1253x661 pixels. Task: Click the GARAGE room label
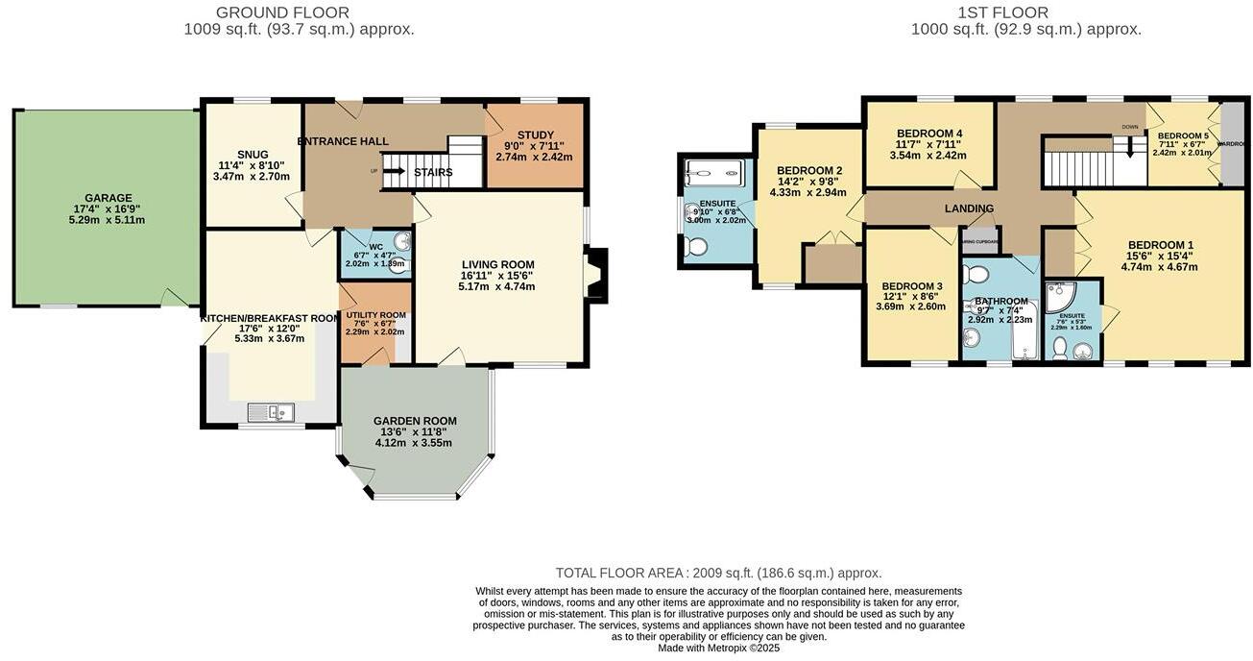(108, 199)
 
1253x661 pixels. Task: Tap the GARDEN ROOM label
(415, 421)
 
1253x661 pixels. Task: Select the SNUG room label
(253, 155)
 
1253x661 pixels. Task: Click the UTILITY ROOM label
(374, 315)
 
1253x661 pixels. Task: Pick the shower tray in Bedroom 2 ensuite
(713, 174)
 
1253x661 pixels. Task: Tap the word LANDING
(969, 208)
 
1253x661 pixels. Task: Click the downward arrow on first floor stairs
(1130, 148)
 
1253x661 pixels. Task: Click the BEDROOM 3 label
(912, 286)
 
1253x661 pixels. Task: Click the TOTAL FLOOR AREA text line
(718, 573)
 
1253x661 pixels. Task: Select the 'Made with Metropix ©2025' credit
(718, 648)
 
